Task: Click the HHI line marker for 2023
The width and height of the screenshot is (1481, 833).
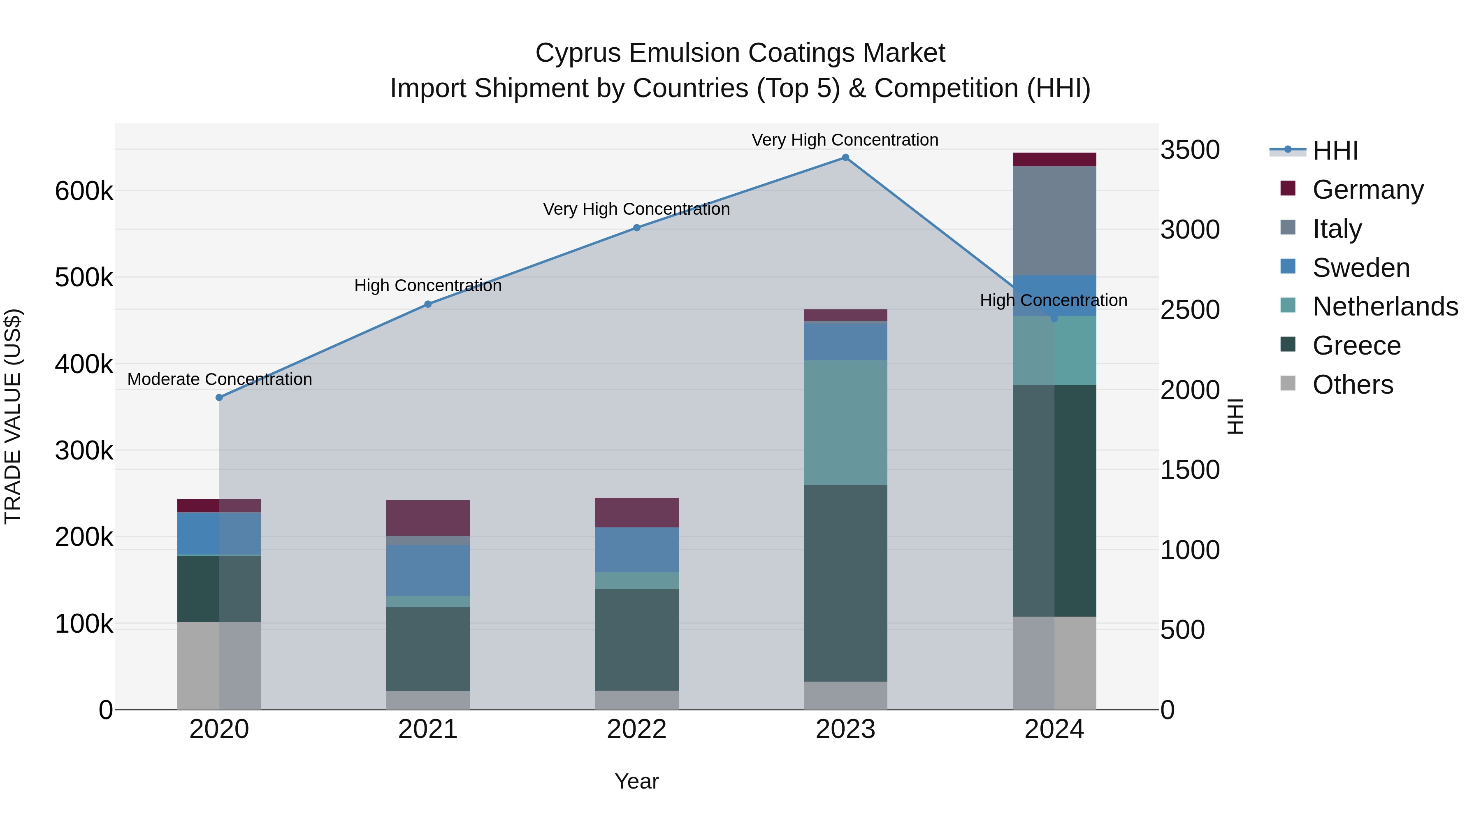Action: pyautogui.click(x=845, y=158)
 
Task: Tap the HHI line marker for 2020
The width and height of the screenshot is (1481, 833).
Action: pyautogui.click(x=219, y=397)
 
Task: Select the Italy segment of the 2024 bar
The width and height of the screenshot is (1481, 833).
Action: pyautogui.click(x=1054, y=221)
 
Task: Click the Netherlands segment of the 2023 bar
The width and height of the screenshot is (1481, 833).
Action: pyautogui.click(x=845, y=422)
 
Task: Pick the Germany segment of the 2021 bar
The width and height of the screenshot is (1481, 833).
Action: pyautogui.click(x=428, y=518)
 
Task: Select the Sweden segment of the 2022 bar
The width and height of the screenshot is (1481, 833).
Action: pyautogui.click(x=636, y=550)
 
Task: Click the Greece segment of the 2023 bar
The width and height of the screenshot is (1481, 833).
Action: pyautogui.click(x=845, y=583)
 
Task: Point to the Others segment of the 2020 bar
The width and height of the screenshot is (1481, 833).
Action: pyautogui.click(x=219, y=665)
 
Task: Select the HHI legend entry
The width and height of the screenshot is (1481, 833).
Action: pyautogui.click(x=1335, y=151)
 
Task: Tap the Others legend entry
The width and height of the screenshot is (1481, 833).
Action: pyautogui.click(x=1352, y=385)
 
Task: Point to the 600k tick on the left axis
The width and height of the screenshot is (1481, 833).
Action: pyautogui.click(x=84, y=191)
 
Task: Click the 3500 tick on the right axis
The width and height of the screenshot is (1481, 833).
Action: pyautogui.click(x=1189, y=150)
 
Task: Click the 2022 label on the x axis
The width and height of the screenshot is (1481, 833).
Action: pyautogui.click(x=636, y=729)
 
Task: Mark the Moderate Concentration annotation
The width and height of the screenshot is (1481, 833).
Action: pyautogui.click(x=220, y=379)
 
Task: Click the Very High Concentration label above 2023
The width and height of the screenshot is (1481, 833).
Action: pyautogui.click(x=845, y=140)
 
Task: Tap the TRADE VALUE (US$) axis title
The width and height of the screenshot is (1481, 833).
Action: pyautogui.click(x=13, y=416)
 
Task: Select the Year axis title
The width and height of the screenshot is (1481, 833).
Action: pyautogui.click(x=636, y=781)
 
